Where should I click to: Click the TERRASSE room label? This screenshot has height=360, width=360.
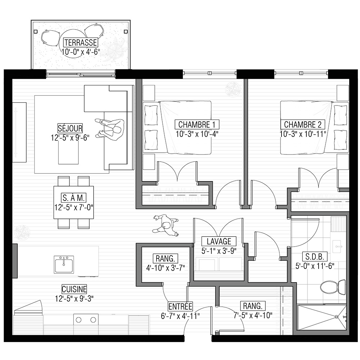pos(80,42)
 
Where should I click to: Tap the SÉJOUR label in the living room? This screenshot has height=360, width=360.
pos(70,128)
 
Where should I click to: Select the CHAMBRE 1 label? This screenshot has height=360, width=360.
pos(197,125)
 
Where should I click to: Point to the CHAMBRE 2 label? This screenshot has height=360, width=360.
pos(303,125)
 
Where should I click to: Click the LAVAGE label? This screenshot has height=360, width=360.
pos(219,241)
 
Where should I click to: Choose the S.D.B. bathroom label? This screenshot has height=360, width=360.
pos(315,256)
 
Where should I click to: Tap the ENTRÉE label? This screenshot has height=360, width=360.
pos(180,306)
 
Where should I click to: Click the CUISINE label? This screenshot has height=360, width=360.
pos(74,289)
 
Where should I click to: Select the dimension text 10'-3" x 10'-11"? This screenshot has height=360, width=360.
pos(303,134)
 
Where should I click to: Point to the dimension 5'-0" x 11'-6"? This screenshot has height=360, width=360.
pos(315,266)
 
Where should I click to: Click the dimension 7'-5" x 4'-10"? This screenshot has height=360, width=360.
pos(253,315)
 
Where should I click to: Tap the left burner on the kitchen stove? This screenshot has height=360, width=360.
pos(79,320)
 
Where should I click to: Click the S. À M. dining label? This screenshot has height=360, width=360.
pos(74,198)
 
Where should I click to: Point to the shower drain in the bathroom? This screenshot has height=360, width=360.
pos(337,317)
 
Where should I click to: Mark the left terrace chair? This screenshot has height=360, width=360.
pos(50,37)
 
